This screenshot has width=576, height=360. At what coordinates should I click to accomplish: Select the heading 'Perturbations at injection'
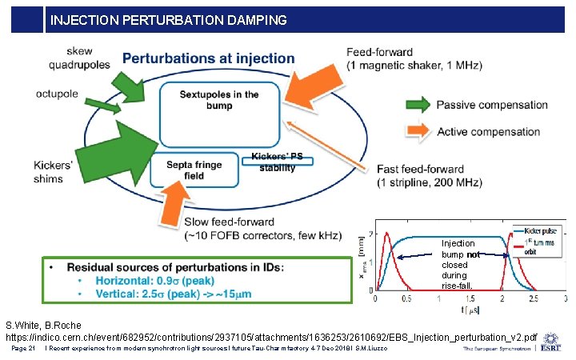point(208,59)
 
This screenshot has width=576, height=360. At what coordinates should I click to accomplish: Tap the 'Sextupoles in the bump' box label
point(219,100)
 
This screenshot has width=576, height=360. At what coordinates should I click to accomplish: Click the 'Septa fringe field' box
point(195,170)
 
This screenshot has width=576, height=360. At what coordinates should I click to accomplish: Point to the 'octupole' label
point(57,94)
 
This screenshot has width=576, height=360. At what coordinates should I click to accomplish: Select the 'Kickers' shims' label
point(54,171)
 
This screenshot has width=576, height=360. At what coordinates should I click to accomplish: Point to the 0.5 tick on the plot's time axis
point(407,298)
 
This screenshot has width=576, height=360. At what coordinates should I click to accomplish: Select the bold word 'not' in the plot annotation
point(473,254)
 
